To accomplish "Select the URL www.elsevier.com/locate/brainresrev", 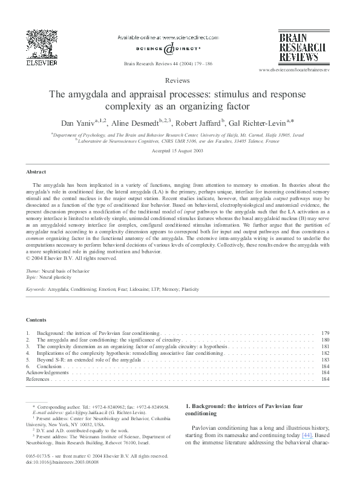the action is [294, 71].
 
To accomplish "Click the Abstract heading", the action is [36, 172].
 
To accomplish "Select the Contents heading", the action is [36, 319].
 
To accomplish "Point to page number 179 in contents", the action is [325, 333].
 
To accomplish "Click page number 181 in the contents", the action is [325, 346].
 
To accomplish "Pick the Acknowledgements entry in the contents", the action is [47, 373].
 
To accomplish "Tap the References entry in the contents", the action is [38, 380].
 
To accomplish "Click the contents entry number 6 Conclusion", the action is [48, 366].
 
